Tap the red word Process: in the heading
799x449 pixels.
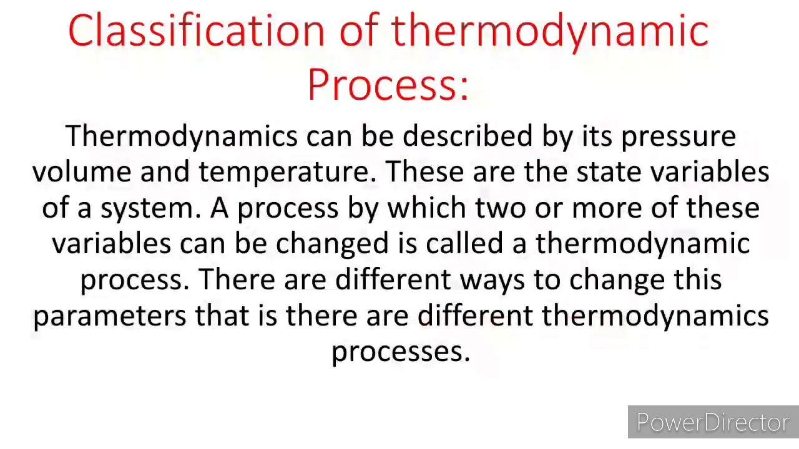pyautogui.click(x=388, y=85)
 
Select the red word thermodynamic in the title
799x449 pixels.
pyautogui.click(x=550, y=31)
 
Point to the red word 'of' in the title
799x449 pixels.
pyautogui.click(x=360, y=31)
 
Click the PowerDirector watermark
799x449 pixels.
pyautogui.click(x=713, y=423)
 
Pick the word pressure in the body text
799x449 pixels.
pyautogui.click(x=679, y=137)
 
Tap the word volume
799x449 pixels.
pyautogui.click(x=82, y=171)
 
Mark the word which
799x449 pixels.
pyautogui.click(x=427, y=208)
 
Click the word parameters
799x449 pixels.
pyautogui.click(x=109, y=316)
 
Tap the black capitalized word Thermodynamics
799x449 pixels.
pyautogui.click(x=182, y=137)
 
